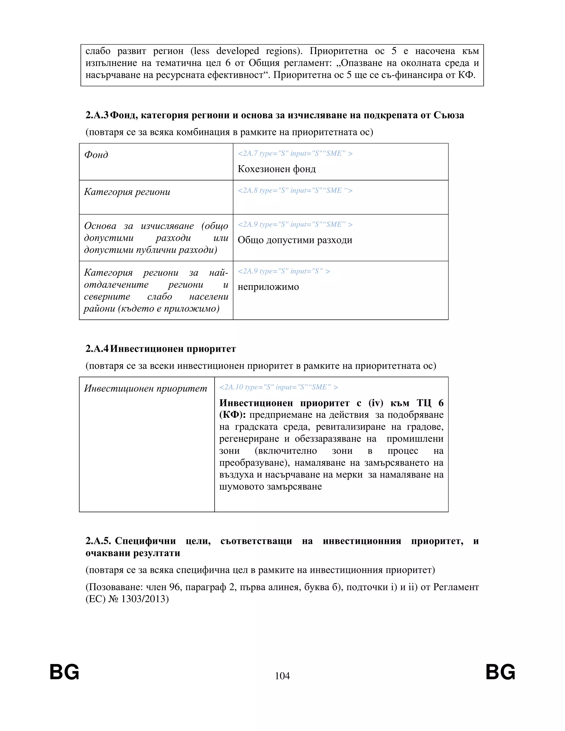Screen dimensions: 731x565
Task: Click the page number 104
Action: [x=282, y=676]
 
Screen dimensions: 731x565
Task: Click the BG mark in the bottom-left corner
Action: [x=64, y=672]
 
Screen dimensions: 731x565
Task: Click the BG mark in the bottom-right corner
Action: [x=500, y=672]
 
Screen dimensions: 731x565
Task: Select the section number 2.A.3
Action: [x=97, y=115]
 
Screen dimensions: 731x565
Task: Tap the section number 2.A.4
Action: [x=97, y=349]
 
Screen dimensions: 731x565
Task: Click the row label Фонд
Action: [x=96, y=155]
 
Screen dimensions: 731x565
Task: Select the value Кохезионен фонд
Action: [x=276, y=169]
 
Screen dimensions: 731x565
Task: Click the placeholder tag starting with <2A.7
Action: [x=295, y=154]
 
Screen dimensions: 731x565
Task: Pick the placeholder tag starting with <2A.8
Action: [x=295, y=190]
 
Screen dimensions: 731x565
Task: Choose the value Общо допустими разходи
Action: [x=295, y=240]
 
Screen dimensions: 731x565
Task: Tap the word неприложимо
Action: [x=268, y=287]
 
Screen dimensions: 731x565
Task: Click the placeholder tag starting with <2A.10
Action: [x=278, y=387]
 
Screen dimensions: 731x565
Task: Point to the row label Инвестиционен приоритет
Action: [x=146, y=388]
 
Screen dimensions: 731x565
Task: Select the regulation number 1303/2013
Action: [x=145, y=599]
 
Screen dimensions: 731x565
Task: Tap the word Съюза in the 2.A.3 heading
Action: [x=449, y=115]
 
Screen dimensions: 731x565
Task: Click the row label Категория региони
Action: [x=127, y=192]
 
